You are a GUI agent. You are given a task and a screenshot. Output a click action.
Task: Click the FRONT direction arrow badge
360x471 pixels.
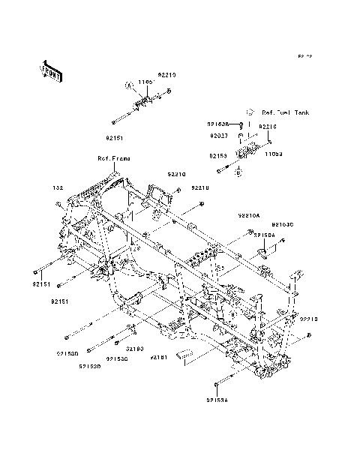pyautogui.click(x=50, y=70)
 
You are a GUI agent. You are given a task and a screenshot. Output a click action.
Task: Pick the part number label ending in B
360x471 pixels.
pyautogui.click(x=218, y=125)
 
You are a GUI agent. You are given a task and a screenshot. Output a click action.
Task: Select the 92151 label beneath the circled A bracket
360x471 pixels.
pyautogui.click(x=113, y=137)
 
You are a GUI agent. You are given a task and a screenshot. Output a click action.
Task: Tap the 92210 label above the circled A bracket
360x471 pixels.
pyautogui.click(x=166, y=75)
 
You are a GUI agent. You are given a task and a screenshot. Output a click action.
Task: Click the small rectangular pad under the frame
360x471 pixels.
pyautogui.click(x=184, y=355)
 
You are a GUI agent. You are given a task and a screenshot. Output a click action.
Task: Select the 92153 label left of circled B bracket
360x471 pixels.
pyautogui.click(x=218, y=156)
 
